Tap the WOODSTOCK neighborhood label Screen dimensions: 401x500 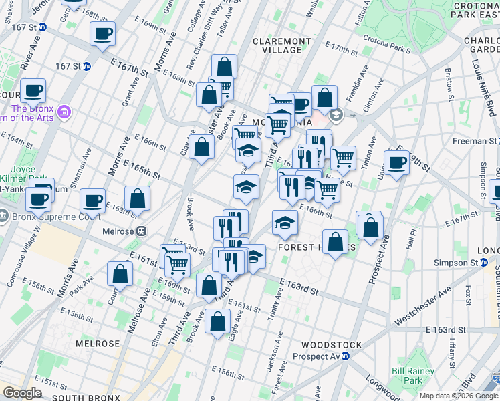pyautogui.click(x=332, y=345)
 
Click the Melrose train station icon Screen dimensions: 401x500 pyautogui.click(x=141, y=231)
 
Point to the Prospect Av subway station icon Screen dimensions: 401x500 pyautogui.click(x=346, y=356)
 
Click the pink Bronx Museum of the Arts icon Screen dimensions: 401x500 pyautogui.click(x=64, y=110)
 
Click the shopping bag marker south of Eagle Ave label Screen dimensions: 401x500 pyautogui.click(x=219, y=323)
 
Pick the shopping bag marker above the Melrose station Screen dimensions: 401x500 pyautogui.click(x=137, y=198)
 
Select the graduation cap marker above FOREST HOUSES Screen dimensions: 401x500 pyautogui.click(x=285, y=223)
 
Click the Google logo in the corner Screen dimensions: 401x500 pyautogui.click(x=22, y=393)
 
